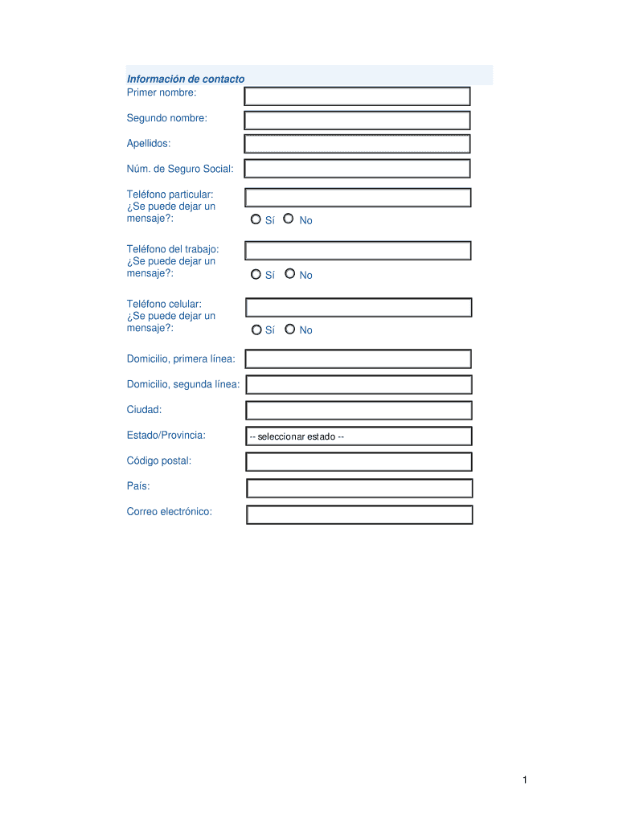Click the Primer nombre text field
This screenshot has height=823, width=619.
tap(357, 96)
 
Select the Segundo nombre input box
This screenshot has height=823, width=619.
tap(357, 121)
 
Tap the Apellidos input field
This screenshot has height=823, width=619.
tap(357, 144)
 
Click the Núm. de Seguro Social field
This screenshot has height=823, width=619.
tap(357, 168)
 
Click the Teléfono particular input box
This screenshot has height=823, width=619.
tap(358, 198)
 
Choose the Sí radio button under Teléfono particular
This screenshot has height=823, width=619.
tap(256, 219)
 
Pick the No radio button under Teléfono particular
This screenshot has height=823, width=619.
tap(289, 219)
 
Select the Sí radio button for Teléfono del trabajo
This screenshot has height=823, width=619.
tap(256, 274)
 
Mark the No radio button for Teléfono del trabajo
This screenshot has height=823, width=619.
tap(289, 274)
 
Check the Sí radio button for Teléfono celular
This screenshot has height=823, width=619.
tap(256, 330)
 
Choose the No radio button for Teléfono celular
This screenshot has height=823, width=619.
tap(289, 330)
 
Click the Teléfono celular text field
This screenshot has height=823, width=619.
tap(359, 307)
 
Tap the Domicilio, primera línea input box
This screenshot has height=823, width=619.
tap(359, 358)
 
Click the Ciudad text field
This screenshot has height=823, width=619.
tap(359, 410)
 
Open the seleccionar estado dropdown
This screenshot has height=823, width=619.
tap(359, 436)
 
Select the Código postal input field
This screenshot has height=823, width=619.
tap(359, 461)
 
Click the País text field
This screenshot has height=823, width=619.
tap(359, 488)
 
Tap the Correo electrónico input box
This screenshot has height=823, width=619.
tap(359, 514)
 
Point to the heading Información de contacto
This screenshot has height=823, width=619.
tap(186, 79)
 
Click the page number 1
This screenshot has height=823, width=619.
tap(524, 780)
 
